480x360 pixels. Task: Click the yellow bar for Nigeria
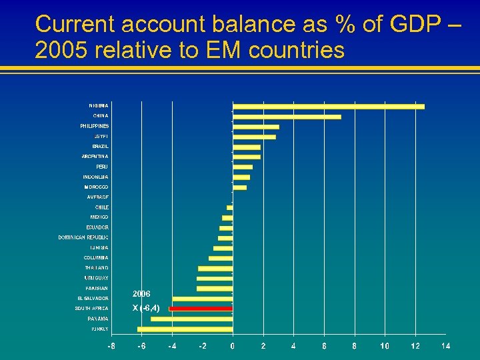[x=328, y=106]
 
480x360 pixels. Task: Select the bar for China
[x=287, y=117]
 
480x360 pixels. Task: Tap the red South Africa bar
[x=201, y=309]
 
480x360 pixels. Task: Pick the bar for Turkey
[x=185, y=329]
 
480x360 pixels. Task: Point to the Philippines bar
[x=255, y=127]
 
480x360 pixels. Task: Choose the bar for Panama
[x=191, y=319]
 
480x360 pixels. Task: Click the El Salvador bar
[x=202, y=299]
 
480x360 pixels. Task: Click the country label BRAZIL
[x=100, y=146]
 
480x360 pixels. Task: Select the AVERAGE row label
[x=97, y=197]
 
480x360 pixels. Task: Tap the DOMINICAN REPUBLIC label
[x=83, y=237]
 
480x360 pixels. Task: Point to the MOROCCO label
[x=96, y=187]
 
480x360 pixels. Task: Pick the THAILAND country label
[x=96, y=268]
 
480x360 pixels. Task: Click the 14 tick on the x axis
[x=445, y=346]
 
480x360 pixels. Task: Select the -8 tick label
[x=111, y=346]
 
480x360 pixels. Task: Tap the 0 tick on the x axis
[x=233, y=346]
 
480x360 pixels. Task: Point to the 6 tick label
[x=324, y=346]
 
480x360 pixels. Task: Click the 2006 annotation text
[x=141, y=293]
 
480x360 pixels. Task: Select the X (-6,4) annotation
[x=146, y=308]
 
